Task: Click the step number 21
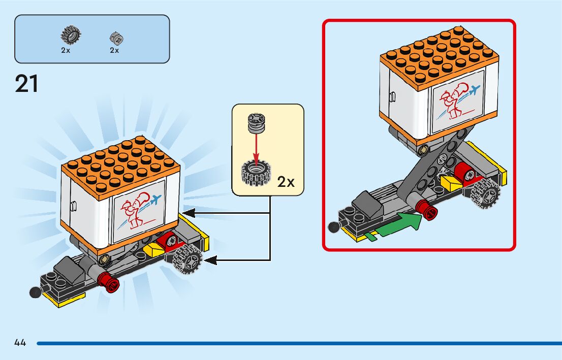click(27, 84)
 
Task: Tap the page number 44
click(20, 343)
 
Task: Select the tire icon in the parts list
click(70, 35)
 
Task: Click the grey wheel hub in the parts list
click(117, 38)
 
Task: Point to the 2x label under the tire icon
click(66, 50)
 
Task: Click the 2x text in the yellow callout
click(286, 182)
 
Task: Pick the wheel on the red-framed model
click(485, 192)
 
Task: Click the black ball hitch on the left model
click(35, 293)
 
